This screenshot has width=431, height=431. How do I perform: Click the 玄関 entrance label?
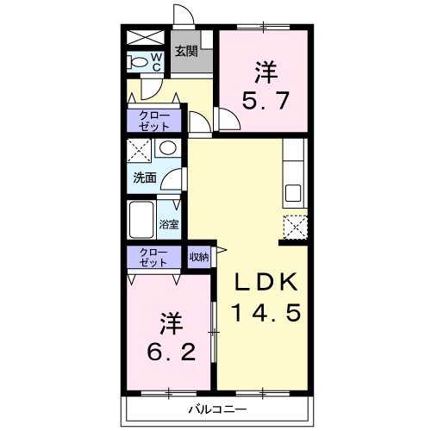pos(186,51)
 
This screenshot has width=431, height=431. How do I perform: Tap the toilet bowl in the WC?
pos(137,62)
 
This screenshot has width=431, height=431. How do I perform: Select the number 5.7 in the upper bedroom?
pos(265,100)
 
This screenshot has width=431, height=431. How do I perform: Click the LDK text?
pos(265,282)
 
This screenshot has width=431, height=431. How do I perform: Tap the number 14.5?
pos(265,312)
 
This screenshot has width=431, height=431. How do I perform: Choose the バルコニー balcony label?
pos(217,409)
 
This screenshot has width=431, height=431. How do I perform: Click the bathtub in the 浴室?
pos(141,220)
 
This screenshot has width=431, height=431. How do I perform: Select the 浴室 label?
pos(169,224)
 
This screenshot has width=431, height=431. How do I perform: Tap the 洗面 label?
pos(145,178)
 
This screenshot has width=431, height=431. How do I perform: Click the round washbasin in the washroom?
pos(168,148)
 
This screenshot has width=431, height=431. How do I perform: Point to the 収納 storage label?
pos(199,257)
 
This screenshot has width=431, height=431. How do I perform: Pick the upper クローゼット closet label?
pos(154,122)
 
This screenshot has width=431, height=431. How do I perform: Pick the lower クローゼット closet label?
pos(153,258)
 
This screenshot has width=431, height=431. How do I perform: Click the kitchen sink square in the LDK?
pos(293,193)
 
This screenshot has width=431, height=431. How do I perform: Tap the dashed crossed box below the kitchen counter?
pos(296,227)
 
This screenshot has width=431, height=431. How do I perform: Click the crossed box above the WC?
pos(146,38)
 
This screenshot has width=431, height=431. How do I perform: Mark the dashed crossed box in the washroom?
pos(139,150)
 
